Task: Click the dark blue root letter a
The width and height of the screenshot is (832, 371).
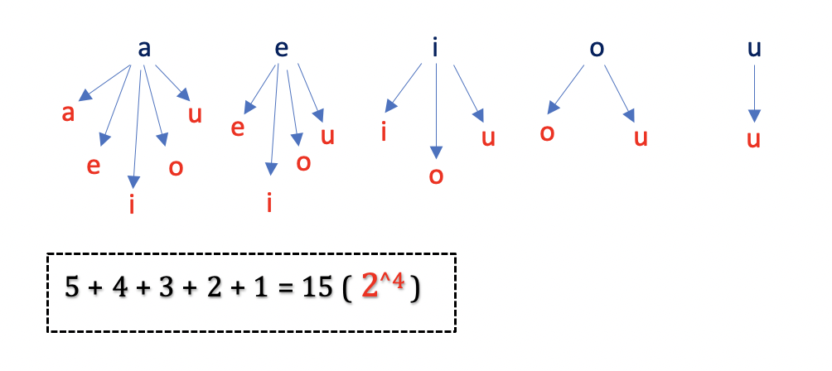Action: pyautogui.click(x=144, y=49)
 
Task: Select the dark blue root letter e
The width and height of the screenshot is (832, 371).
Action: pyautogui.click(x=282, y=49)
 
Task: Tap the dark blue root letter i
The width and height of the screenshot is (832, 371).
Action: pyautogui.click(x=435, y=49)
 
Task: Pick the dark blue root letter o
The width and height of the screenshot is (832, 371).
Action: pyautogui.click(x=595, y=49)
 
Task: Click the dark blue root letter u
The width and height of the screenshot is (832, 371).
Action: pyautogui.click(x=753, y=49)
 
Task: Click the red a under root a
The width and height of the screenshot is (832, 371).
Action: pyautogui.click(x=70, y=113)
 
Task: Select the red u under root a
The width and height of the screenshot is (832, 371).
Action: pyautogui.click(x=195, y=114)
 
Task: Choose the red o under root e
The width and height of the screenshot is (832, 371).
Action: pyautogui.click(x=303, y=162)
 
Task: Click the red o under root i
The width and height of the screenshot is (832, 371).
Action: pyautogui.click(x=437, y=176)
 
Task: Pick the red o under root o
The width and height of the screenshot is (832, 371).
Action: pyautogui.click(x=547, y=132)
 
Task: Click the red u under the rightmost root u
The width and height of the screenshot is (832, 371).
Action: pyautogui.click(x=753, y=138)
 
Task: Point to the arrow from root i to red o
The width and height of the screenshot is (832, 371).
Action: pyautogui.click(x=436, y=108)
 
